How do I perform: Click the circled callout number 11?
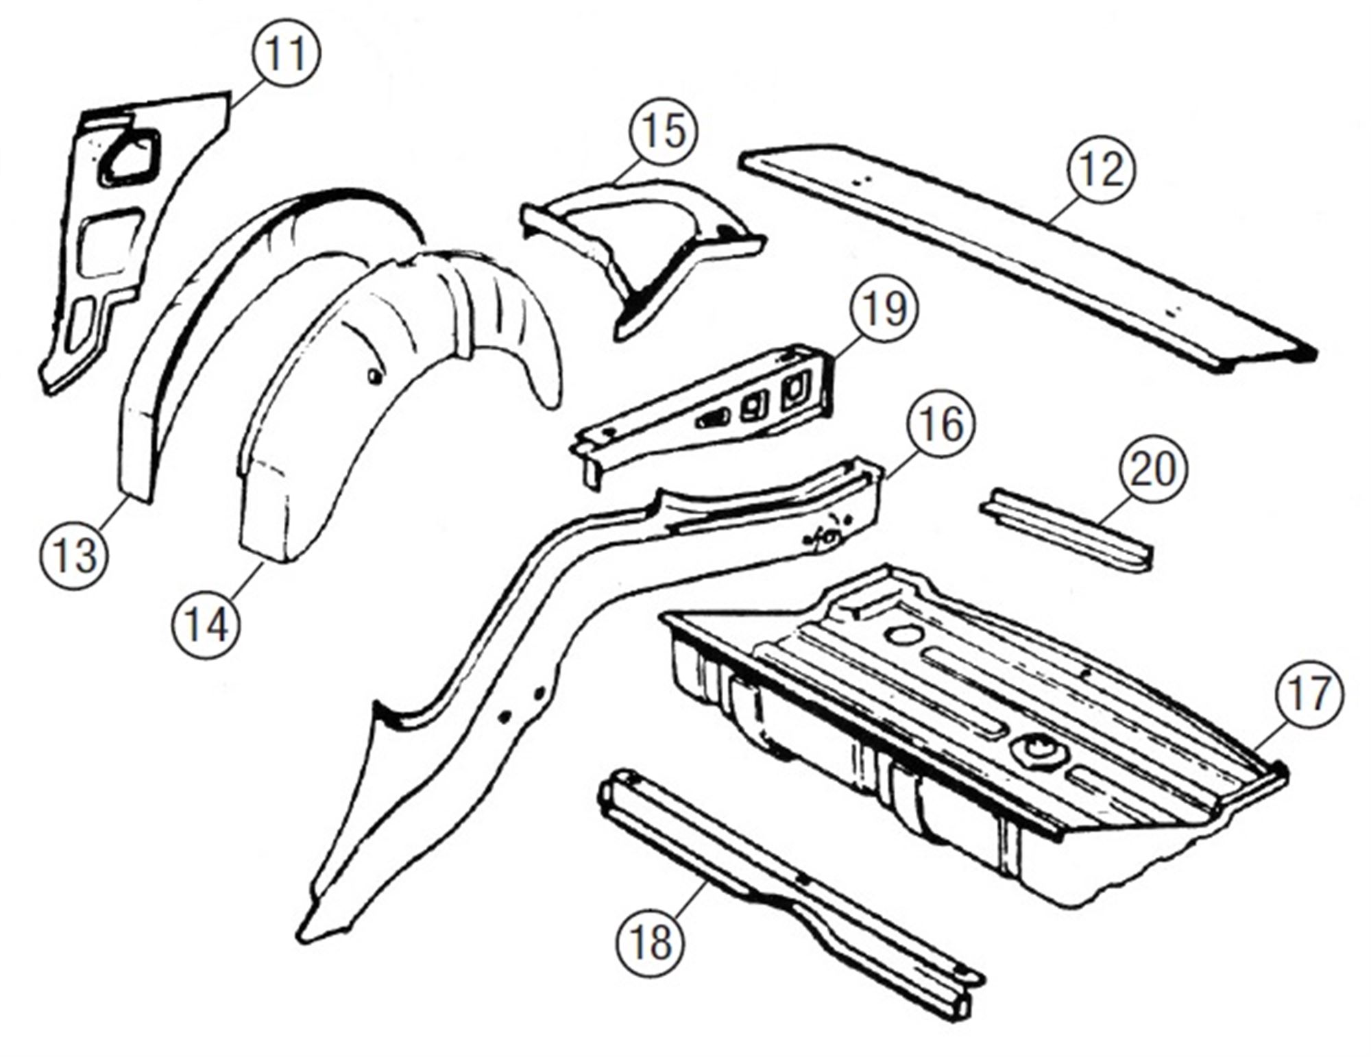tap(286, 53)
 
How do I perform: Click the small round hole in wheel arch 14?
tap(373, 376)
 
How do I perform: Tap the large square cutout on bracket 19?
tap(795, 394)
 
